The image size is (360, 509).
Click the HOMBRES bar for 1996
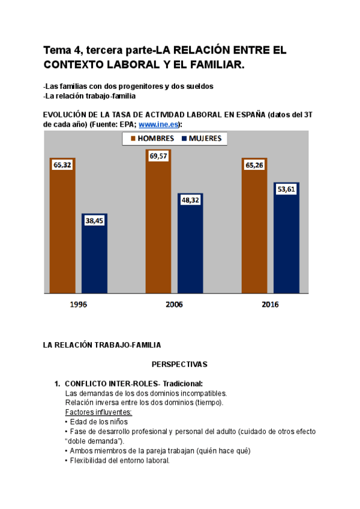click(x=63, y=234)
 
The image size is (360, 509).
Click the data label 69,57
click(x=158, y=155)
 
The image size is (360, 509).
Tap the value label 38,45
click(x=94, y=221)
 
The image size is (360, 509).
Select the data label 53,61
click(x=286, y=189)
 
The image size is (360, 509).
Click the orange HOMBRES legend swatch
click(x=133, y=139)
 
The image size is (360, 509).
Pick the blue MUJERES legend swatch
click(x=184, y=139)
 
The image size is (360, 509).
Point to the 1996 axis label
click(x=78, y=304)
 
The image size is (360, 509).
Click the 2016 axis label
click(x=270, y=304)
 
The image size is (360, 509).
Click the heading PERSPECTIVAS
click(x=179, y=364)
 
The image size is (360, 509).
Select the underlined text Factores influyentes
click(x=98, y=412)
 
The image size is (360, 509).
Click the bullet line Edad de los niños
click(x=95, y=421)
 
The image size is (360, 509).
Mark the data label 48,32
click(x=190, y=200)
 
